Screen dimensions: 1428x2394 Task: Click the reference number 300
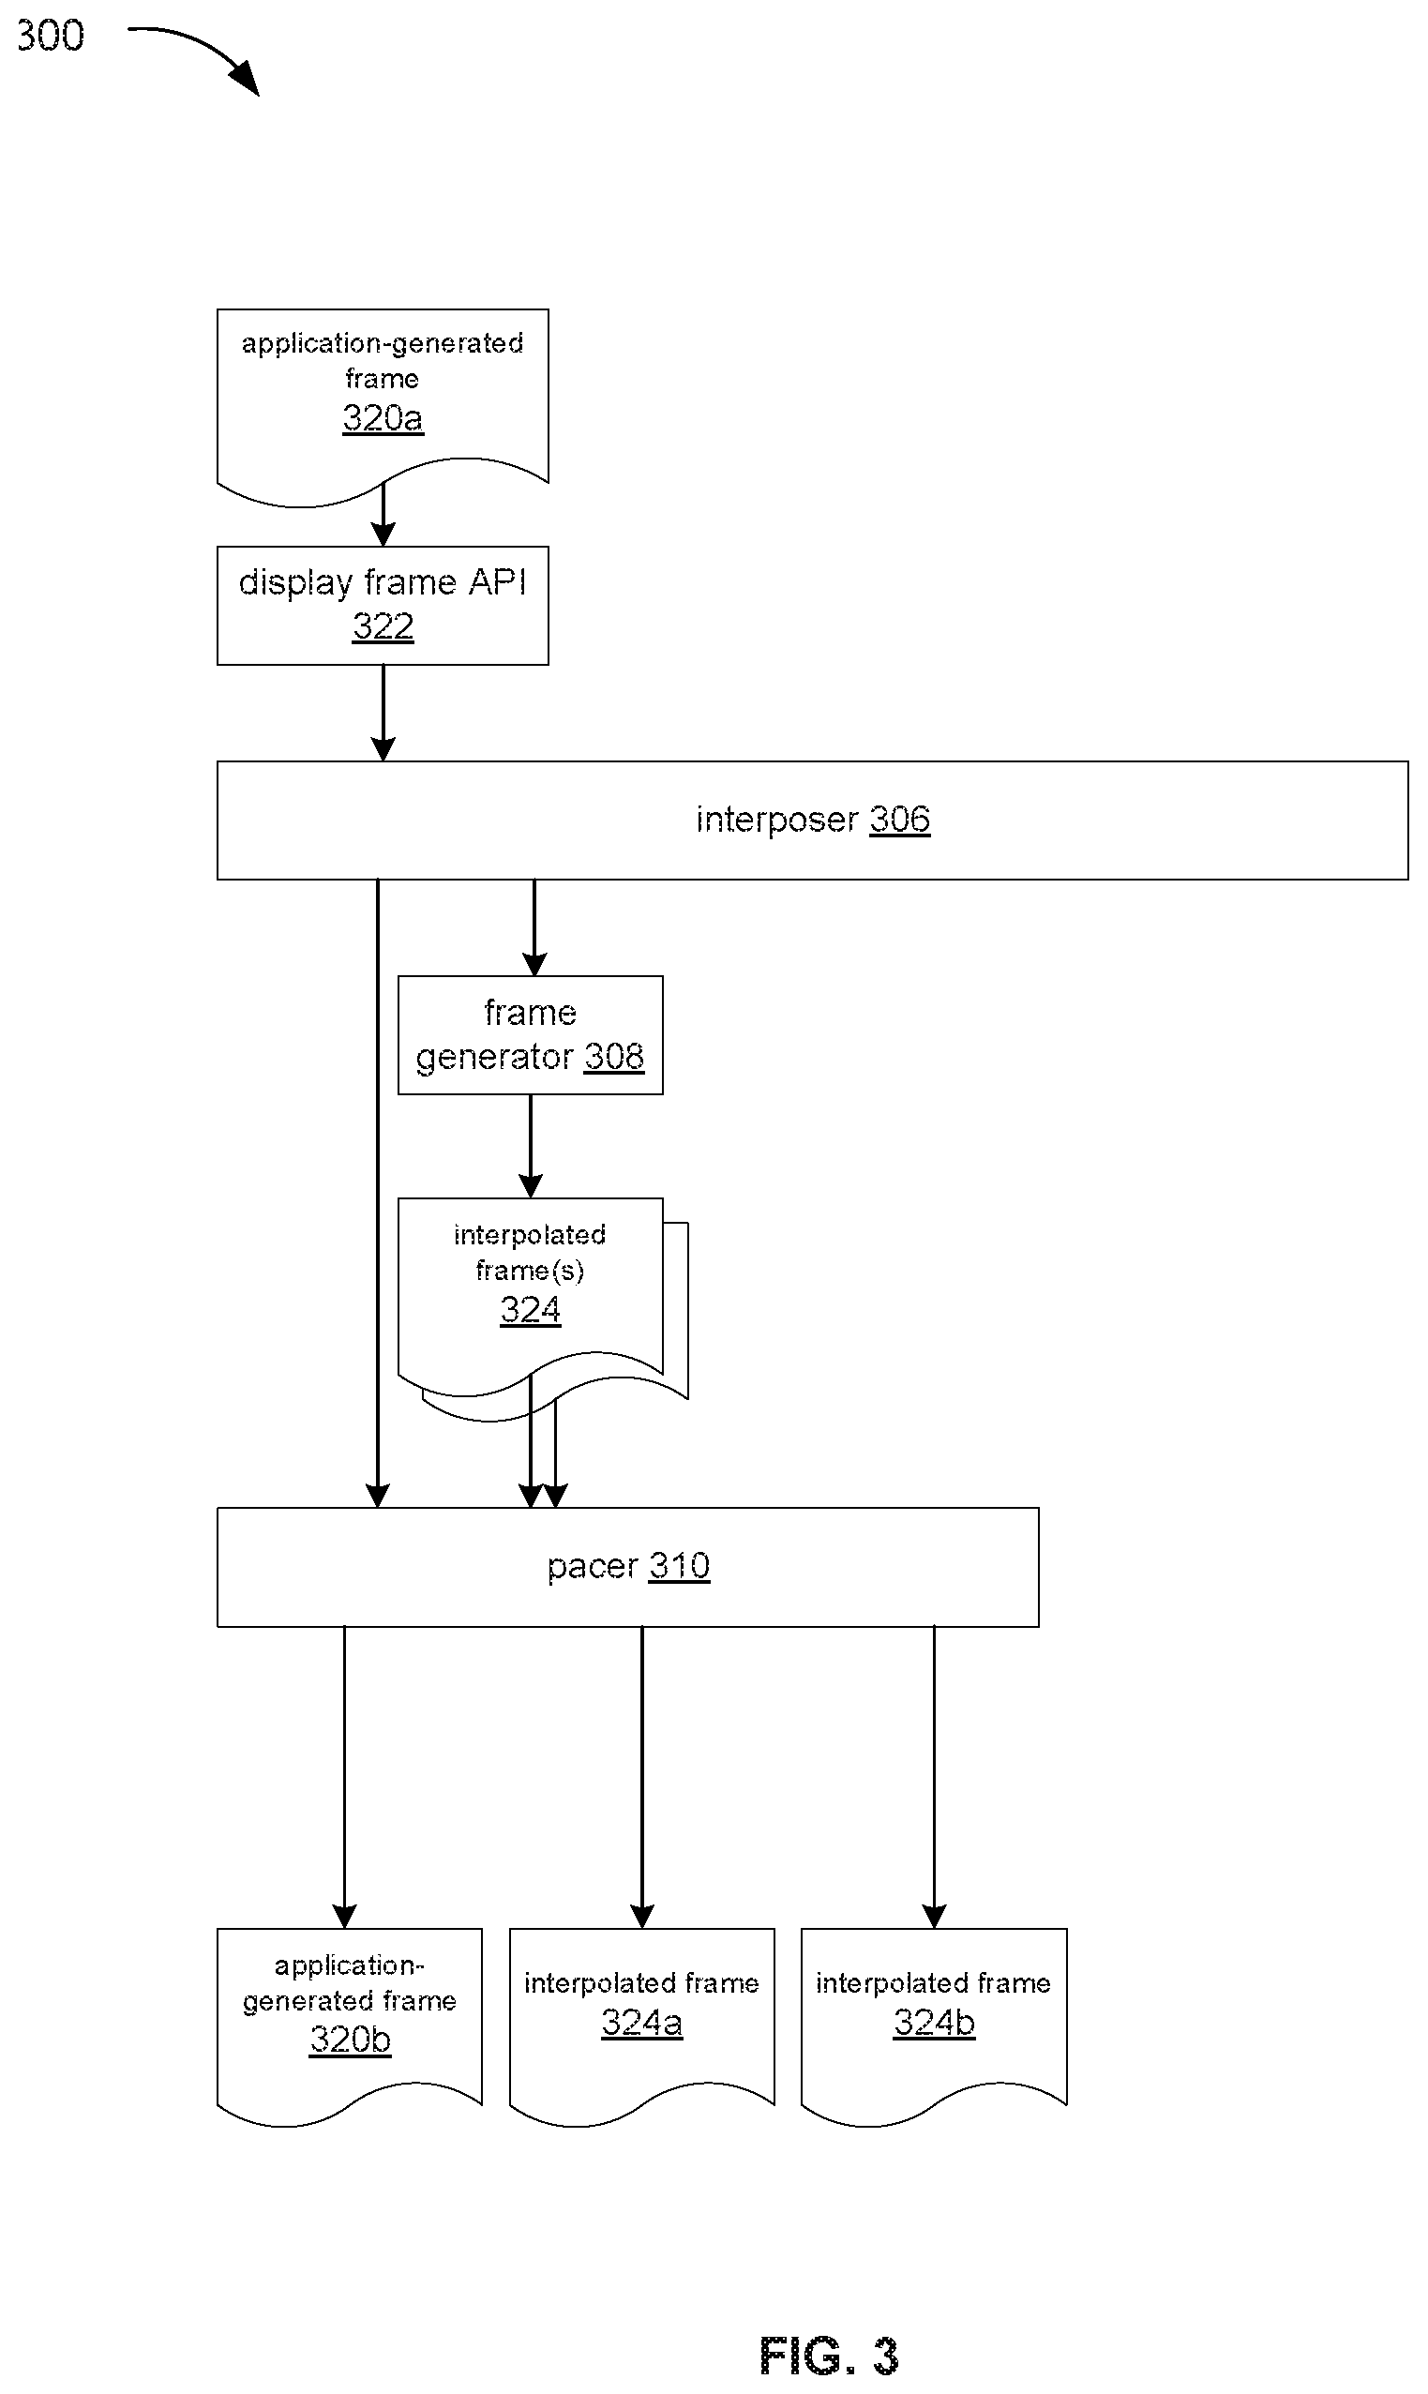pyautogui.click(x=50, y=36)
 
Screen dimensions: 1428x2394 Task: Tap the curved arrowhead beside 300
pyautogui.click(x=247, y=79)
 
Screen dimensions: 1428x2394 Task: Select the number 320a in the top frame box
pyautogui.click(x=383, y=417)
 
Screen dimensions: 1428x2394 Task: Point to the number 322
pyautogui.click(x=383, y=626)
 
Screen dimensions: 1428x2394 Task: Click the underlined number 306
pyautogui.click(x=900, y=819)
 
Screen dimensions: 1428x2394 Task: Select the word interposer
pyautogui.click(x=776, y=821)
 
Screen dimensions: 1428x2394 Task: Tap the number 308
pyautogui.click(x=614, y=1057)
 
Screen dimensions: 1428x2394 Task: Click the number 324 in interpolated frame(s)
pyautogui.click(x=530, y=1310)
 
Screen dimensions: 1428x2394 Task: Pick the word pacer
pyautogui.click(x=593, y=1568)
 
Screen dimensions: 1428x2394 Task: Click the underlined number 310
pyautogui.click(x=680, y=1566)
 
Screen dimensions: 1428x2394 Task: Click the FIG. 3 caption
pyautogui.click(x=829, y=2356)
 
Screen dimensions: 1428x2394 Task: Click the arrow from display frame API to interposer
pyautogui.click(x=383, y=713)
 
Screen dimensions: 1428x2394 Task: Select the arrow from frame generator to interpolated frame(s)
pyautogui.click(x=530, y=1146)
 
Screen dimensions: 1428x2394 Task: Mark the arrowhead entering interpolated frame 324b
pyautogui.click(x=935, y=1916)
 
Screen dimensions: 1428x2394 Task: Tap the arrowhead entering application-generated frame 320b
pyautogui.click(x=344, y=1916)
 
